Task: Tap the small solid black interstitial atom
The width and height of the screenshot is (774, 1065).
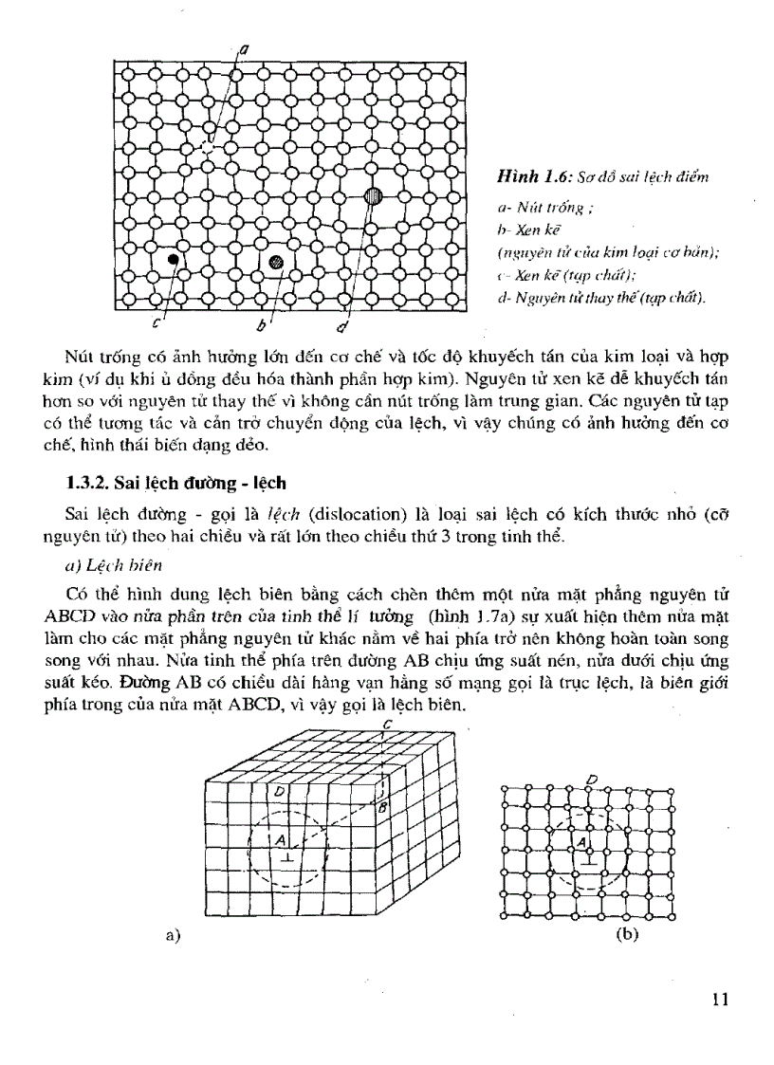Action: [174, 258]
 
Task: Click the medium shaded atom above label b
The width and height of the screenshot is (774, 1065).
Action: [276, 262]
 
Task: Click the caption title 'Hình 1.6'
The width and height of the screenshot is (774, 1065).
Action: [529, 177]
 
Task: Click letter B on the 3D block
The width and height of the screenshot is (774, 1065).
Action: [383, 807]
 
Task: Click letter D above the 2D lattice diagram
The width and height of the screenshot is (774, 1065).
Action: [592, 780]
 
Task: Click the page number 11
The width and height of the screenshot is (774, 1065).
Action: [717, 999]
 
